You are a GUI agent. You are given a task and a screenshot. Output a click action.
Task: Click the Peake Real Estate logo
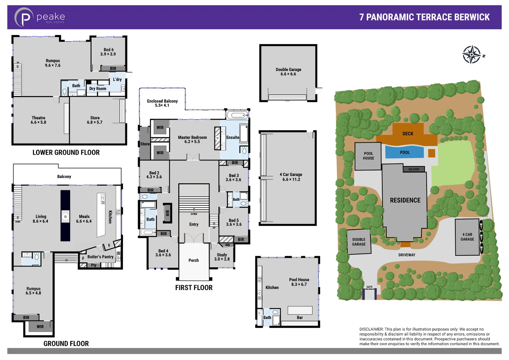coord(39,17)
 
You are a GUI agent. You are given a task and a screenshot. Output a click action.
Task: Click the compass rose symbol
coord(471,55)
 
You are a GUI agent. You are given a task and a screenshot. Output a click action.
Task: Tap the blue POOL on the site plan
coord(404,152)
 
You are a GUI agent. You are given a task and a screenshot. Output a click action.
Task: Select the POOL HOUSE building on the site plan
coord(368,156)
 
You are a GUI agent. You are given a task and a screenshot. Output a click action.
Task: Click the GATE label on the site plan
coord(369,287)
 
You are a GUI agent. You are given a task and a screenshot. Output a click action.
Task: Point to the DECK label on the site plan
coord(408,134)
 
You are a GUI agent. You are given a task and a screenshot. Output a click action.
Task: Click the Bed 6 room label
coord(108,52)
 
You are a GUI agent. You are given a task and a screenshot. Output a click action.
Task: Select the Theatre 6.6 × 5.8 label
coord(38,120)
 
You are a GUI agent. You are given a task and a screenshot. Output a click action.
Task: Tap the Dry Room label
coord(98,89)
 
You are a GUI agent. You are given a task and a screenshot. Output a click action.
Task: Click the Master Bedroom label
coord(192,139)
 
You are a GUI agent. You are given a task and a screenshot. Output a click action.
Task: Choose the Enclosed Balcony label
coord(162,103)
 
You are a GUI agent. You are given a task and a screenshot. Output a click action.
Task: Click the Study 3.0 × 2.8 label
coord(222,257)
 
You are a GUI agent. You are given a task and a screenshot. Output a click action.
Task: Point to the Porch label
coord(194,260)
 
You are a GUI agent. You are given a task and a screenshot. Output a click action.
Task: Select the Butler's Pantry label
coord(100,257)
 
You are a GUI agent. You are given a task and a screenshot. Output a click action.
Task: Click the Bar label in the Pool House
coord(300,317)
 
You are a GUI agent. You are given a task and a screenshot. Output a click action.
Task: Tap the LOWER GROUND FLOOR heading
coord(66,153)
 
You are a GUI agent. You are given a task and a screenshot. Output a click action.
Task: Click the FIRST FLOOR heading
coord(194,288)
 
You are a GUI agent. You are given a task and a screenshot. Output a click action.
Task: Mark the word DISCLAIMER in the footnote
coord(371,329)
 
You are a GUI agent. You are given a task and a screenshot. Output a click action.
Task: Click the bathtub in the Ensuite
coord(237,116)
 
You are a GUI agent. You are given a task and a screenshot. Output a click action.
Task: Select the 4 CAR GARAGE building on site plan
coord(467,237)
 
